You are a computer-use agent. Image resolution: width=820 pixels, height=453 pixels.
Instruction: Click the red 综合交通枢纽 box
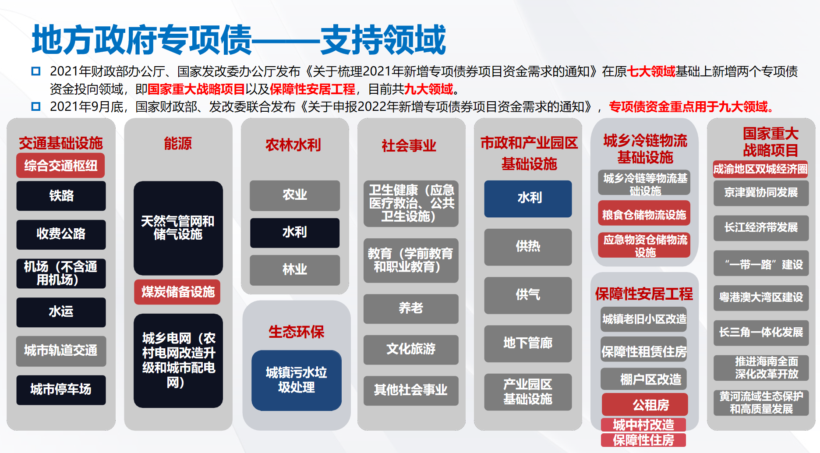point(61,166)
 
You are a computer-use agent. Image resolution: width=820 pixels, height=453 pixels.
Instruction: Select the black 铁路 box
point(61,196)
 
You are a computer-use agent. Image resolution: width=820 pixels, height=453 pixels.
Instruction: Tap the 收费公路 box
point(61,234)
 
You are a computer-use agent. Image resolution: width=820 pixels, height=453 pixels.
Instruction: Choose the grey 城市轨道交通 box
point(61,350)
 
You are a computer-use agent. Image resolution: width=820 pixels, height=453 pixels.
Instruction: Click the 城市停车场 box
point(61,389)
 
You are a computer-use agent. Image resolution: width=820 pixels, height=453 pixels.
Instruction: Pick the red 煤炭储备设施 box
point(177,292)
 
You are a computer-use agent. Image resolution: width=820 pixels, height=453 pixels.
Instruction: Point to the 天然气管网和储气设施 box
point(178,228)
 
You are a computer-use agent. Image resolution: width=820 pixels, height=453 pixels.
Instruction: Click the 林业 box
point(295,270)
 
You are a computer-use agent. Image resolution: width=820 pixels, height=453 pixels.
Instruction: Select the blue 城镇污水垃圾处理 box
point(297,380)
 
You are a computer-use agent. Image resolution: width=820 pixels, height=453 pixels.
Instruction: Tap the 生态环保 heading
point(297,332)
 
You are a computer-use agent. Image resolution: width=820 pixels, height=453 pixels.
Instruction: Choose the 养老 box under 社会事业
point(411,308)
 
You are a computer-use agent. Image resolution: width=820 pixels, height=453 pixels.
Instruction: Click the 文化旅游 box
point(411,349)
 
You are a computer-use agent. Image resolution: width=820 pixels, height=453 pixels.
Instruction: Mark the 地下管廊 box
point(528,343)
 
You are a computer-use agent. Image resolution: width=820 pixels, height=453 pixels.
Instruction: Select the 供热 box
point(528,247)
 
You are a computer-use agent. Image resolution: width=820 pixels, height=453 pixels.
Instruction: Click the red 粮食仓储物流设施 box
point(644,215)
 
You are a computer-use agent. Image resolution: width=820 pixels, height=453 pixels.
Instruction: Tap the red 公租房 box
point(645,404)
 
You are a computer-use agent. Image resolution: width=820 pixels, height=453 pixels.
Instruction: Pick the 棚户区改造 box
point(644,379)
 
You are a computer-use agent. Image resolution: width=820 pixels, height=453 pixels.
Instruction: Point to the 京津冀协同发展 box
point(761,193)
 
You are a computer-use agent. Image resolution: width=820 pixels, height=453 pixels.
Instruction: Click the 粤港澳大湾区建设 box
point(761,298)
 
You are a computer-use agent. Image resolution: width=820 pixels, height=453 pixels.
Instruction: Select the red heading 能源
point(178,143)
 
